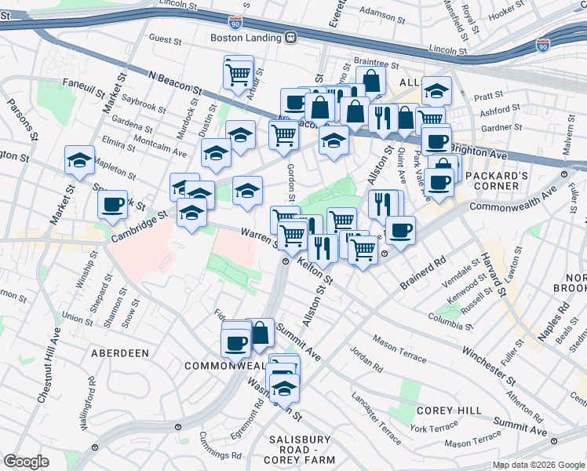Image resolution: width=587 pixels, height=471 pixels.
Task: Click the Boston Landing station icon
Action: click(290, 37)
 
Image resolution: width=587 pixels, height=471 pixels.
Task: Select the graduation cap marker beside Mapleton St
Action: click(80, 160)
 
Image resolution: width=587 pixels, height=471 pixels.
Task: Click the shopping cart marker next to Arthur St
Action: click(238, 75)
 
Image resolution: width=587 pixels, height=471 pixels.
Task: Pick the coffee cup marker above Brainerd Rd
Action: click(400, 231)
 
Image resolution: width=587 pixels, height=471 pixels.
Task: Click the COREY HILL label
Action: click(443, 411)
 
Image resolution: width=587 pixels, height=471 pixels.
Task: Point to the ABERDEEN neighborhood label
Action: click(120, 353)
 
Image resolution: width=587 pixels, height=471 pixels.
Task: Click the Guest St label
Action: click(165, 38)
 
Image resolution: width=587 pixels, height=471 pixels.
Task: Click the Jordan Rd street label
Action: click(366, 359)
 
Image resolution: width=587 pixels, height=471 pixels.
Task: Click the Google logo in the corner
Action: click(26, 462)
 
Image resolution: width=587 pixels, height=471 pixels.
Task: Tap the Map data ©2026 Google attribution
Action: click(538, 465)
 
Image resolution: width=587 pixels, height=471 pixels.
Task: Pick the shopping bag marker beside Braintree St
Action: click(371, 81)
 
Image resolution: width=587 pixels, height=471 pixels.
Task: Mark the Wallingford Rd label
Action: click(87, 401)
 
